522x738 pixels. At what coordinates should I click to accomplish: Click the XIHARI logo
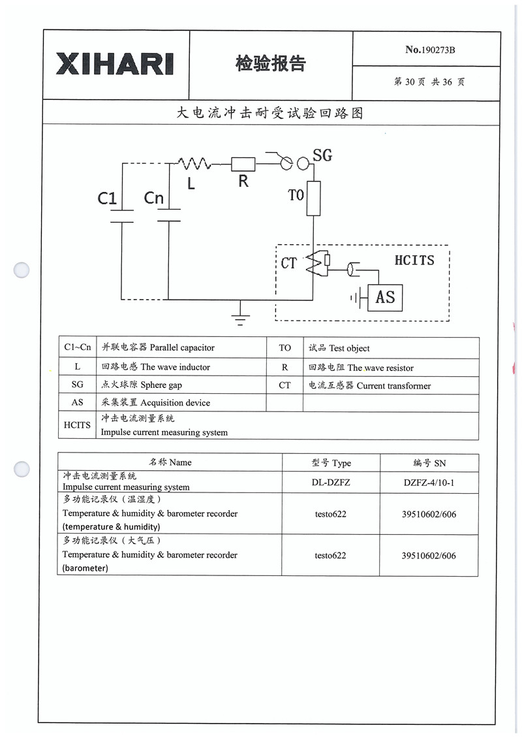click(115, 64)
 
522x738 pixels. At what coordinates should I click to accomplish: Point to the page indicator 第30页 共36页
click(429, 82)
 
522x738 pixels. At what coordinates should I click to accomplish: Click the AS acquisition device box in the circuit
click(385, 298)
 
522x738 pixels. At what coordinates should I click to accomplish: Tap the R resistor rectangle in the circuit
click(243, 164)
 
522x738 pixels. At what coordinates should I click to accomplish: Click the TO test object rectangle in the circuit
click(314, 198)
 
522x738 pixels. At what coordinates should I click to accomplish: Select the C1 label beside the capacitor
click(107, 198)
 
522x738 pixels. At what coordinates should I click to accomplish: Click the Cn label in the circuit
click(154, 198)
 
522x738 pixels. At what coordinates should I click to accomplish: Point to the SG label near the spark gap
click(322, 155)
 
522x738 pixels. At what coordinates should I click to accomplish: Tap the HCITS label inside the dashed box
click(414, 260)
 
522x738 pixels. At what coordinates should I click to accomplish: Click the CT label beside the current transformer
click(289, 263)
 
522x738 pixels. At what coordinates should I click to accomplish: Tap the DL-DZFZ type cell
click(331, 482)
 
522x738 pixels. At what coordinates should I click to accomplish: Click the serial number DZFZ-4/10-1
click(429, 482)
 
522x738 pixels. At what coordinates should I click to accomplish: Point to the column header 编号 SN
click(429, 462)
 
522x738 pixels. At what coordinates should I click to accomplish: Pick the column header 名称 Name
click(170, 462)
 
